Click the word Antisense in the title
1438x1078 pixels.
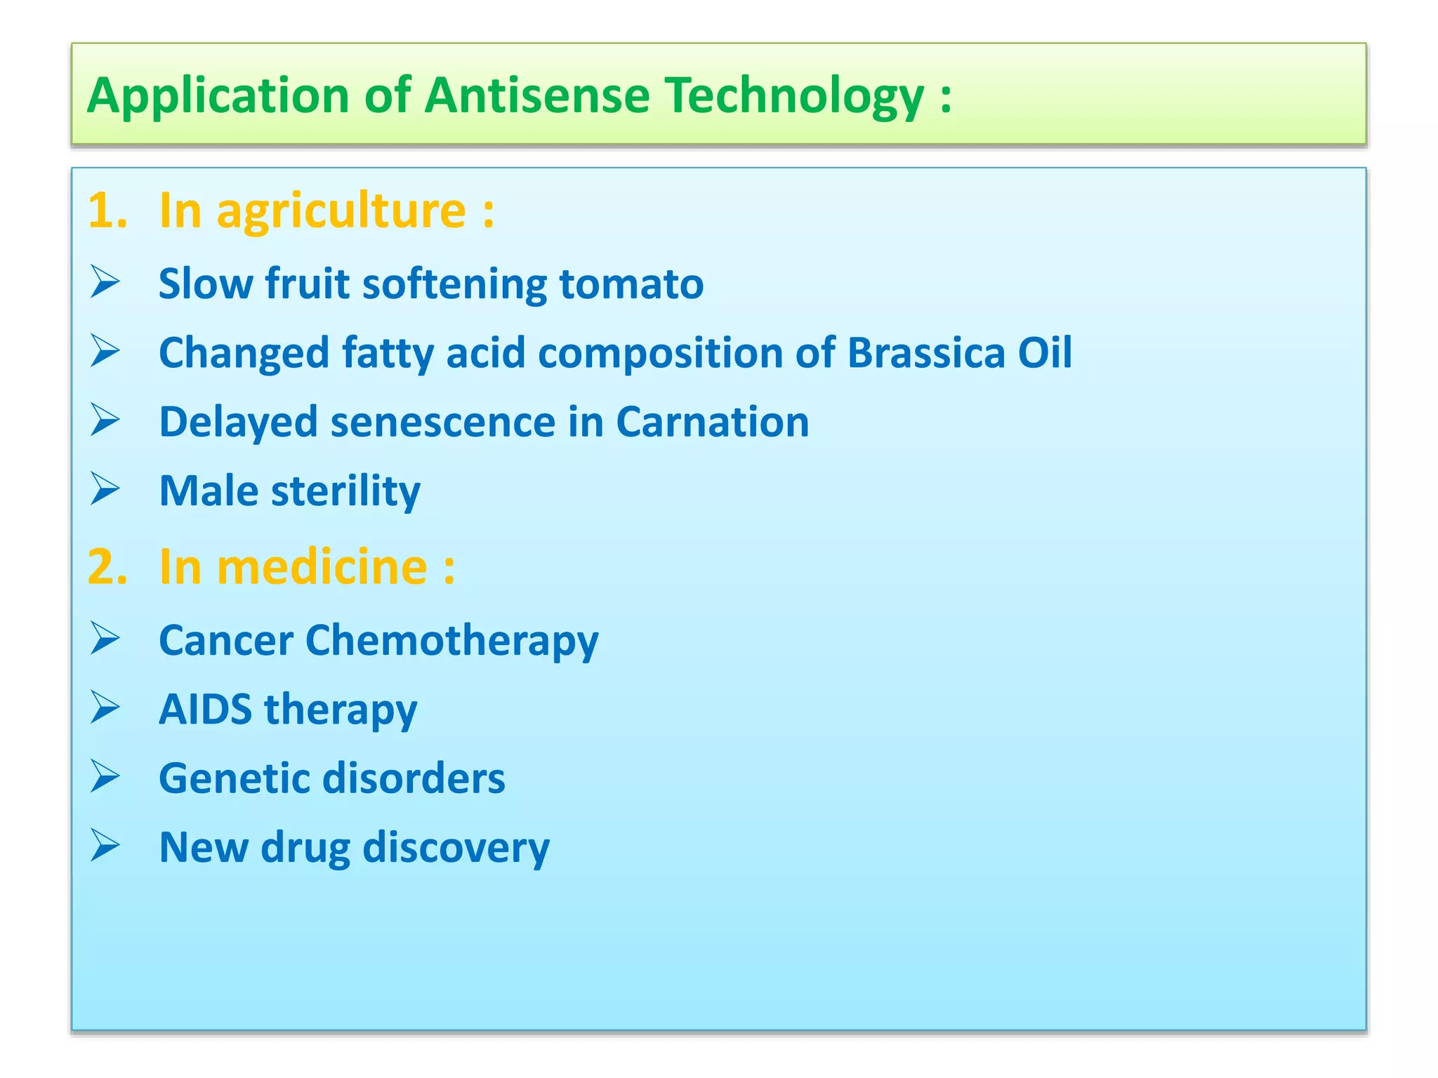click(x=537, y=95)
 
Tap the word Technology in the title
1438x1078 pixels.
click(x=795, y=97)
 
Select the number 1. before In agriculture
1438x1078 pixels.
click(x=107, y=210)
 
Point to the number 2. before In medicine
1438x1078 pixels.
click(x=107, y=566)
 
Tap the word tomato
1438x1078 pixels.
click(x=631, y=284)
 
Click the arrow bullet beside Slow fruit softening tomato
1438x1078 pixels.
click(x=105, y=282)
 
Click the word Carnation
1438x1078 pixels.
click(x=712, y=422)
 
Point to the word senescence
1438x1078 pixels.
click(x=443, y=422)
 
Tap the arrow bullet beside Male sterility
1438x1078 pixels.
click(x=105, y=489)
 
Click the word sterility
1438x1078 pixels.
click(x=345, y=491)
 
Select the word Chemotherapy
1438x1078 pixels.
click(x=451, y=641)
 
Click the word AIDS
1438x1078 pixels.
click(x=205, y=709)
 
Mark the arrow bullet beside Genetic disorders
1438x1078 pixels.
click(x=105, y=777)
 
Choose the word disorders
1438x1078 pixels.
click(x=413, y=778)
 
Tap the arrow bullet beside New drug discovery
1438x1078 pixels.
click(x=105, y=846)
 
